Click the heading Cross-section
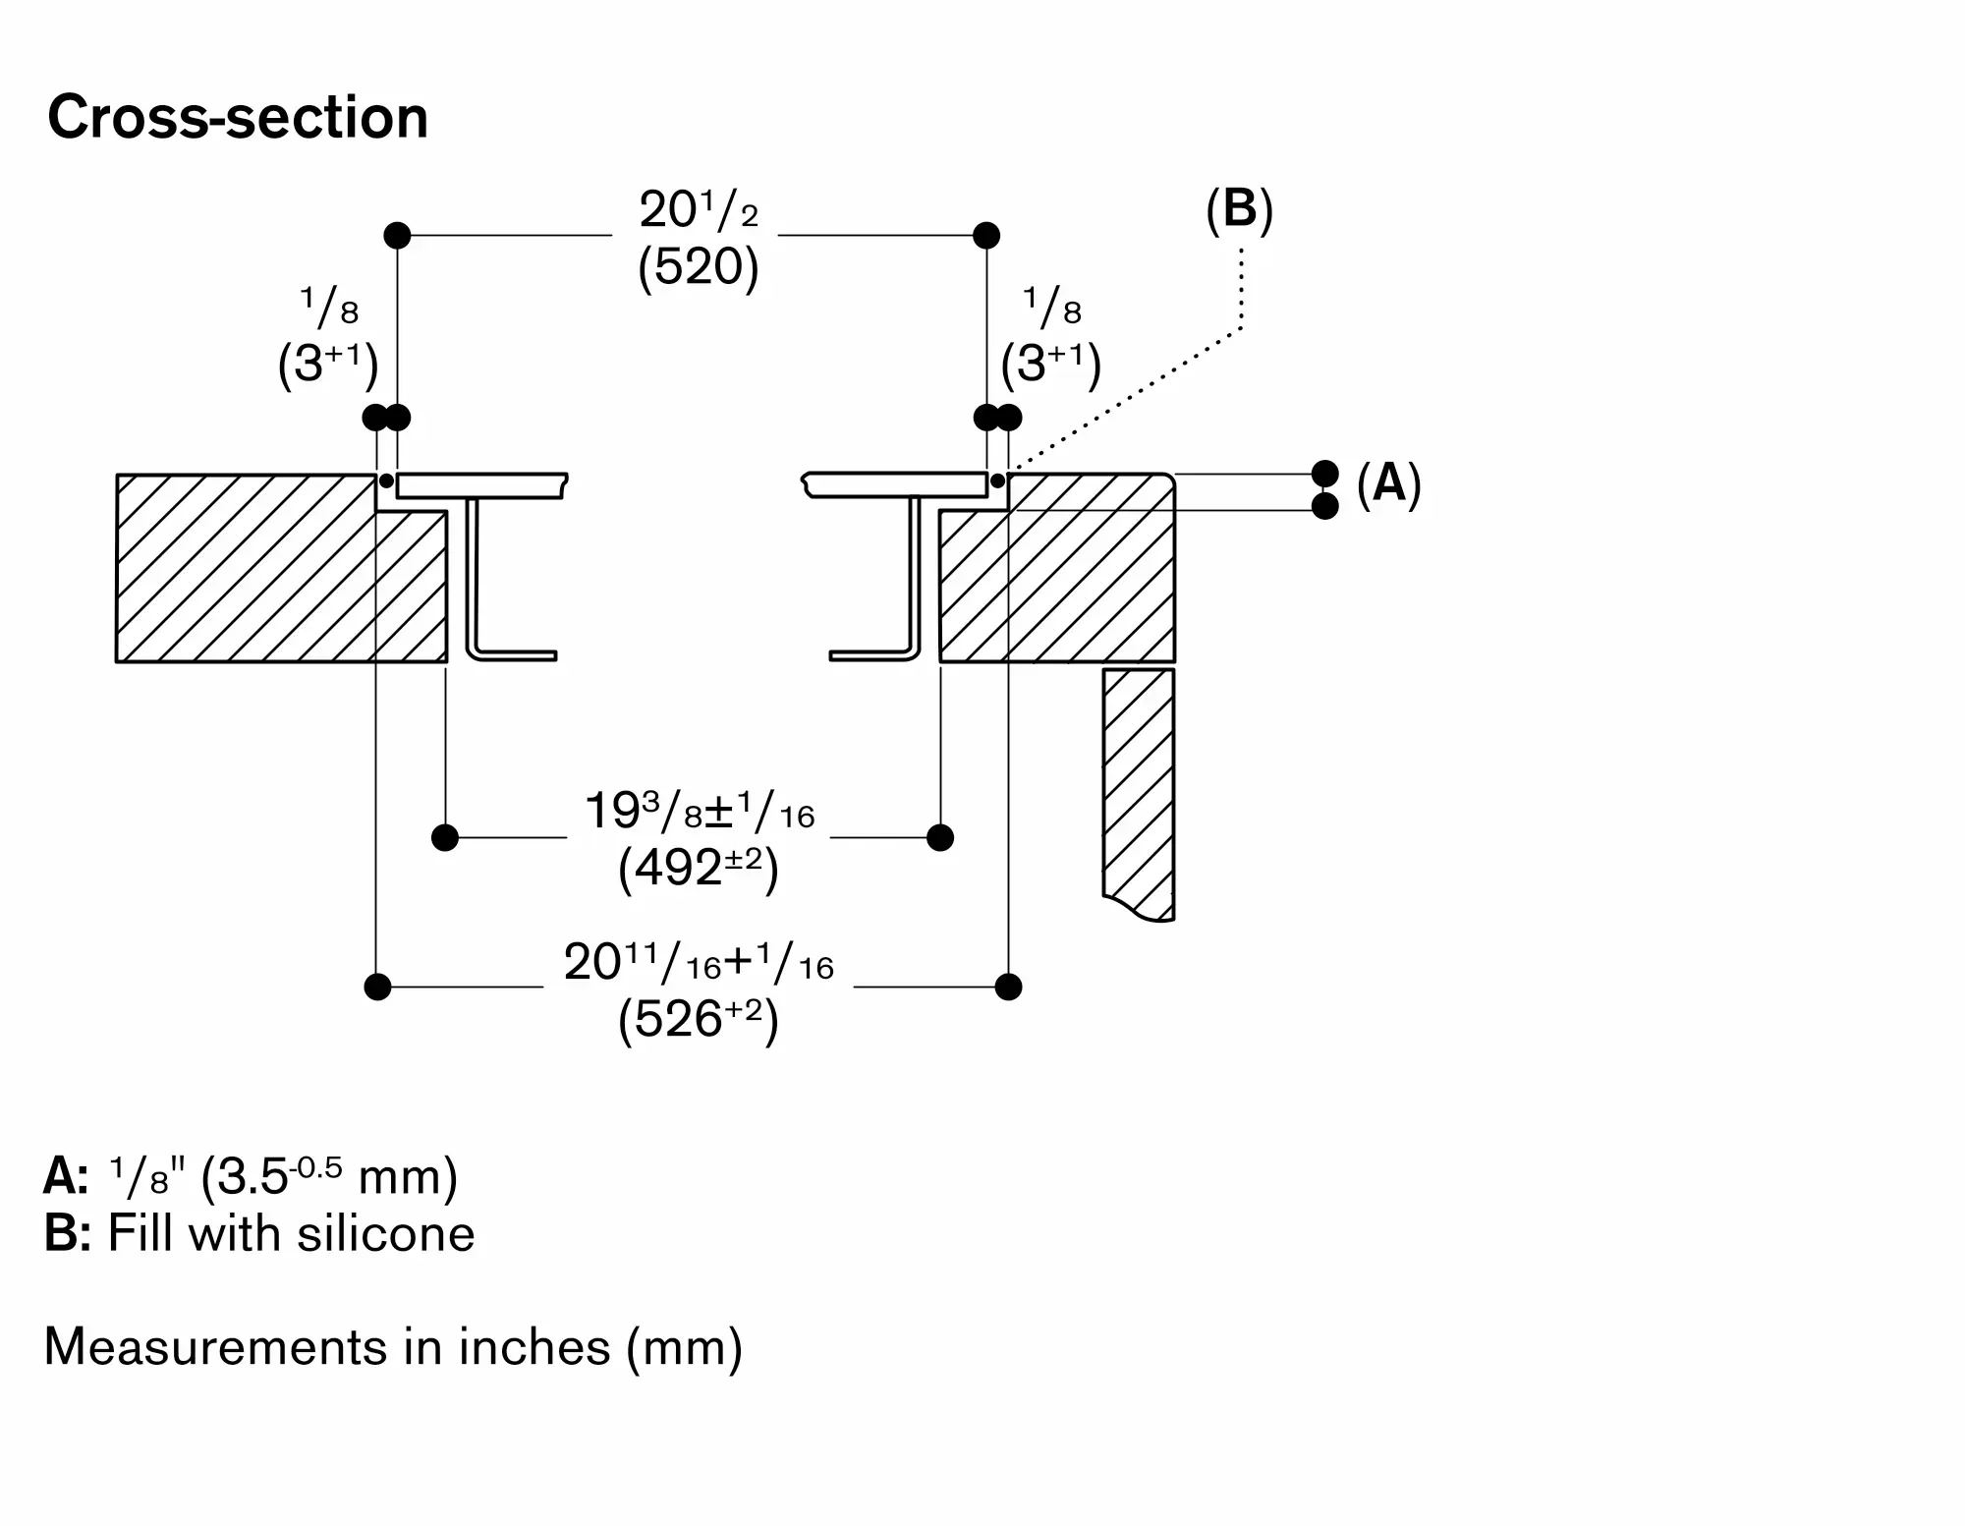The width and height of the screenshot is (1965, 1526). click(238, 118)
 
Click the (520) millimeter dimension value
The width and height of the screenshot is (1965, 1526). click(698, 267)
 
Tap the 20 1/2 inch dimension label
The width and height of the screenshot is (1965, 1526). click(698, 209)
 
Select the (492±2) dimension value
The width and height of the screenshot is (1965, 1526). click(698, 869)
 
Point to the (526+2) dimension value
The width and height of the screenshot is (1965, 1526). click(698, 1020)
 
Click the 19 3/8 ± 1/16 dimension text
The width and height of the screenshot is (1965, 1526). click(699, 813)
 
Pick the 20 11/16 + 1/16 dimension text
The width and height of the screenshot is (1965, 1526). click(698, 963)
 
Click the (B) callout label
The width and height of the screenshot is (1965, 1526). click(1239, 209)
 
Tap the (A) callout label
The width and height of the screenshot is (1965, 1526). click(1388, 483)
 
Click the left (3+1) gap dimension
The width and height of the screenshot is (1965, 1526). click(328, 364)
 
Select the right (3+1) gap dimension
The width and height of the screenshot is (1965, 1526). click(1050, 364)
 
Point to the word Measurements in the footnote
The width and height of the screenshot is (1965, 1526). click(213, 1346)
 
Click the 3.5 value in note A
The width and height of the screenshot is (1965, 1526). click(253, 1177)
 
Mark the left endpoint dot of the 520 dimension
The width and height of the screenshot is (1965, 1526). click(397, 236)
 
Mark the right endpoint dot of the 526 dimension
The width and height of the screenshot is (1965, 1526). click(1008, 987)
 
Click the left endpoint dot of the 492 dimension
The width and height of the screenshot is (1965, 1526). click(445, 837)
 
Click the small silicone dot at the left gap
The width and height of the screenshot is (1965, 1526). click(386, 480)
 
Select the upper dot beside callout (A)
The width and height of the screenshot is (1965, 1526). click(1325, 474)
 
